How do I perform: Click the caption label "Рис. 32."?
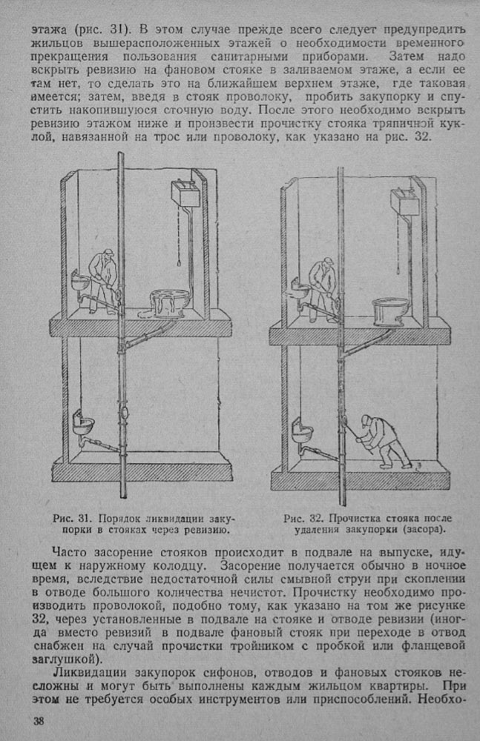click(x=300, y=518)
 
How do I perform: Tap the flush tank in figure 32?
click(x=403, y=201)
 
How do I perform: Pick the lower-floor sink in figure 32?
click(x=303, y=430)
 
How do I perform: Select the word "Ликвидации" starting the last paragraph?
click(x=87, y=673)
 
